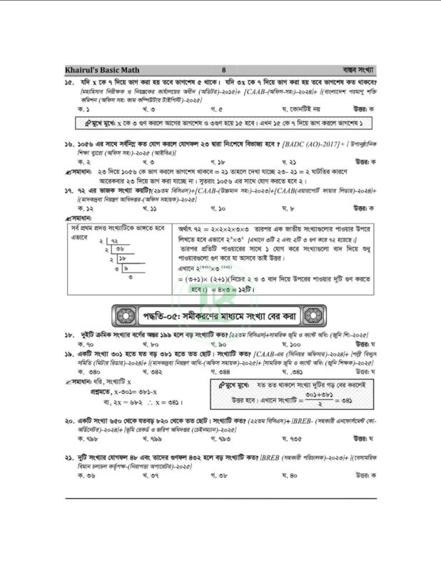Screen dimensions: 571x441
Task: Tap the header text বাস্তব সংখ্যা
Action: coord(357,70)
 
